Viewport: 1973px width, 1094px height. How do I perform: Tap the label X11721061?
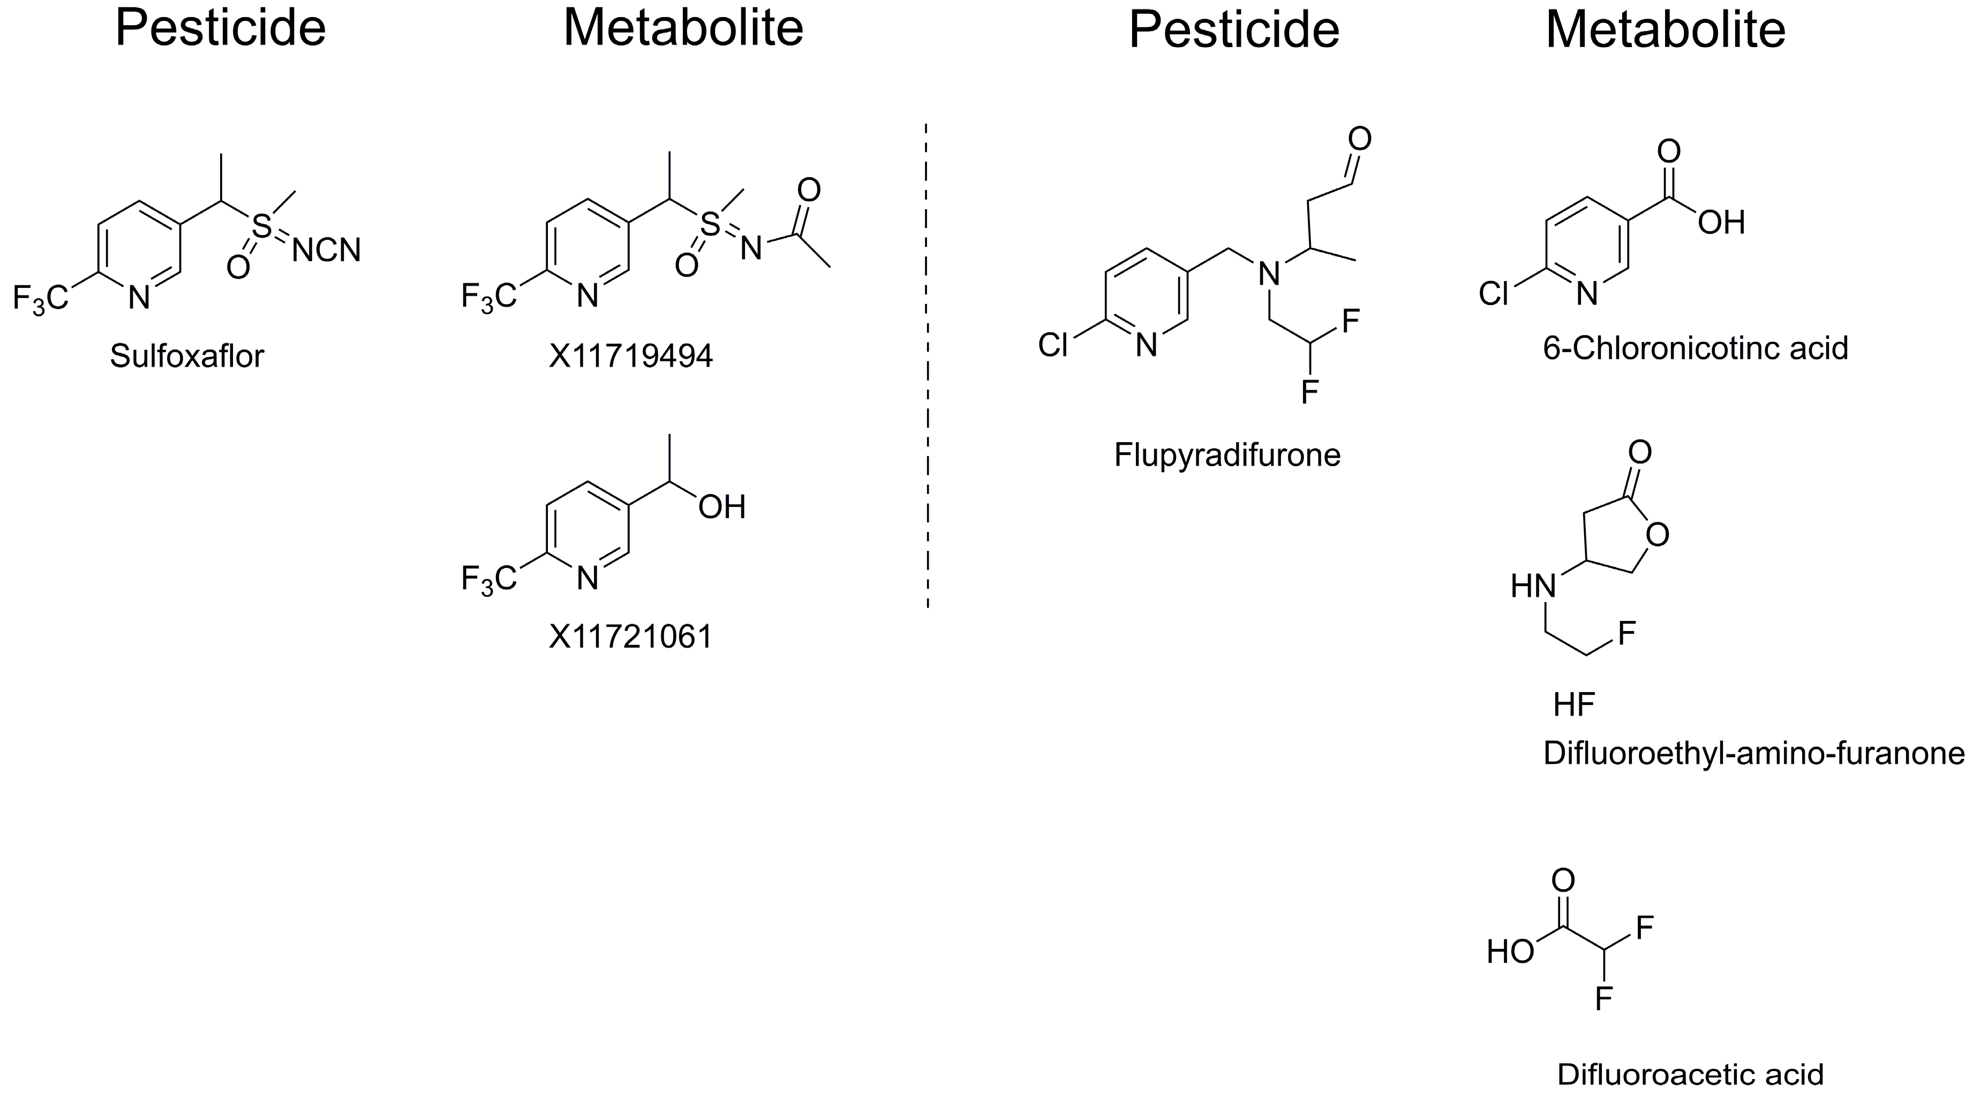pos(630,637)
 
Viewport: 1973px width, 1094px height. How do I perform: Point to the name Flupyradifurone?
pos(1227,455)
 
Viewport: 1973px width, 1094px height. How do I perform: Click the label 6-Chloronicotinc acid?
pos(1695,349)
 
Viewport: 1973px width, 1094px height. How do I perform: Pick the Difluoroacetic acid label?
pos(1690,1075)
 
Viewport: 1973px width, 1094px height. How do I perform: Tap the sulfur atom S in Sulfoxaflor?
pos(262,226)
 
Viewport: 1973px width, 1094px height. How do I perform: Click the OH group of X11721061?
pos(721,507)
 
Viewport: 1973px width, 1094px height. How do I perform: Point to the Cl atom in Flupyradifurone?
pos(1052,345)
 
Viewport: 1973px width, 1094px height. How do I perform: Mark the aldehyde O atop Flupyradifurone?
pos(1359,139)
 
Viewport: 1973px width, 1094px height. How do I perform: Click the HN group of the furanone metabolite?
pos(1533,587)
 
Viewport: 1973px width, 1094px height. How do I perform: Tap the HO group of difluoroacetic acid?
pos(1510,952)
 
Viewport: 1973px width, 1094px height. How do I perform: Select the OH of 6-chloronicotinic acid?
pos(1721,223)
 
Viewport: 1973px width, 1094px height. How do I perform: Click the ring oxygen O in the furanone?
pos(1656,534)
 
